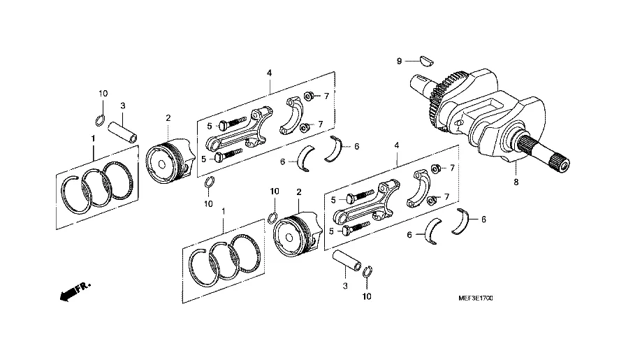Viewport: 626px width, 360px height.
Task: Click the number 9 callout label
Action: pos(399,62)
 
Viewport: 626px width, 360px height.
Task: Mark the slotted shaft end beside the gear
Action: pos(418,85)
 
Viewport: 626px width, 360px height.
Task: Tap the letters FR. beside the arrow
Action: pos(83,287)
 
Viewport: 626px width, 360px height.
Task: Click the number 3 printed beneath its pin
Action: pos(345,287)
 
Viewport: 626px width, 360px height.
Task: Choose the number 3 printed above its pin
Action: pos(122,106)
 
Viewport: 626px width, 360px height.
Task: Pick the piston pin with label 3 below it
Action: pos(346,261)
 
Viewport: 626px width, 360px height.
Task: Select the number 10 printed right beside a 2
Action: pos(275,192)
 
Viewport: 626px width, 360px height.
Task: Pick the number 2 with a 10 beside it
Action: pos(298,192)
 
